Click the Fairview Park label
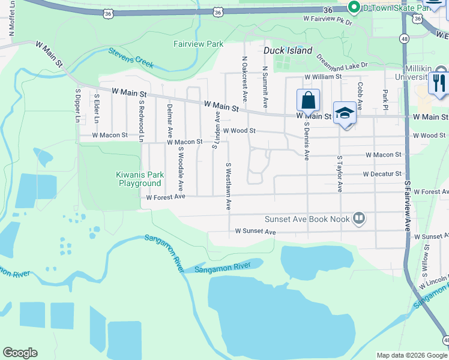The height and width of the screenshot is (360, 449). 198,44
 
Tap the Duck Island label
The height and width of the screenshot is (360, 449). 288,50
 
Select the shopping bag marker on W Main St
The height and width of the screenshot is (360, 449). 308,101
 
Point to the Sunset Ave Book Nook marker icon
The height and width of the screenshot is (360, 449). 359,218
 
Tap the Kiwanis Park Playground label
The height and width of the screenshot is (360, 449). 139,179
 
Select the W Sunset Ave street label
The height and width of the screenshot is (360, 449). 255,231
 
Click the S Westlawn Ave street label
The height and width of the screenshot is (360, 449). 229,186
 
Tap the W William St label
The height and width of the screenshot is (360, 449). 322,77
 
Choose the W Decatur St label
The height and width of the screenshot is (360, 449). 382,174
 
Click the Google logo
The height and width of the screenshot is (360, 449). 20,353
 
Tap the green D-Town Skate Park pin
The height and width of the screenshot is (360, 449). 354,7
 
